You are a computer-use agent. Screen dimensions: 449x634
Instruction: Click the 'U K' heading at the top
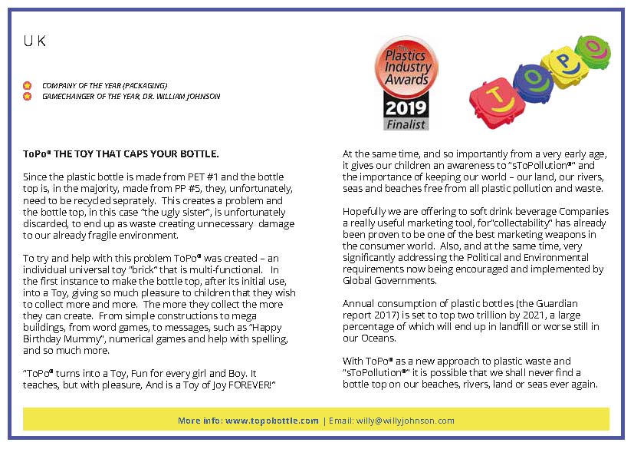(x=34, y=42)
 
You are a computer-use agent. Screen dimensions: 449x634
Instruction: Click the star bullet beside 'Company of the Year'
(x=28, y=85)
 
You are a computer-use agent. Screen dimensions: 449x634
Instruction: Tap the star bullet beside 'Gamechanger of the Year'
(x=28, y=96)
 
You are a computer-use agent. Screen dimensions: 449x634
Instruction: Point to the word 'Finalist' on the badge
(x=406, y=123)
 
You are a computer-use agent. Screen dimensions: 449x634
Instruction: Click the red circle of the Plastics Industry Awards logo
(x=406, y=68)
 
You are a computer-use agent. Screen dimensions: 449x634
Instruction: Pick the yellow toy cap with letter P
(x=562, y=61)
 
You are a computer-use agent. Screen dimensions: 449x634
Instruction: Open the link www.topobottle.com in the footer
(x=272, y=421)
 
